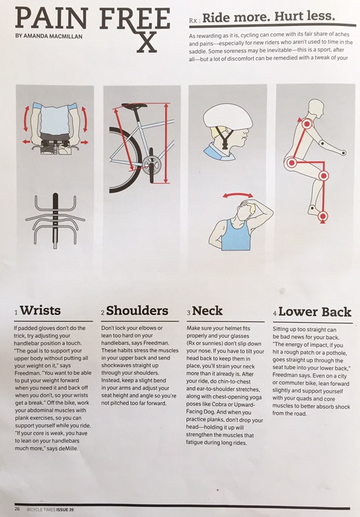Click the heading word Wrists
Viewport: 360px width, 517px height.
40,311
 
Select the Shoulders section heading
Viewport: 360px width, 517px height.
137,311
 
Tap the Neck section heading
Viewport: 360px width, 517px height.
207,311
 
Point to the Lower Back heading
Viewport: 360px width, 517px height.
315,312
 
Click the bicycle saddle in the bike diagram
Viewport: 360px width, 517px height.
134,106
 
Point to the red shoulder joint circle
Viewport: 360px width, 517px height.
307,124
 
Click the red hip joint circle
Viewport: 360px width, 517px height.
291,162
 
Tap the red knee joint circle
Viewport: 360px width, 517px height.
324,176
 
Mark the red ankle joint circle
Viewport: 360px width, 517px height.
323,216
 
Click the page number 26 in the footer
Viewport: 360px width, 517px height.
17,509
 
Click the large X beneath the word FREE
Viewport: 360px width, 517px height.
147,42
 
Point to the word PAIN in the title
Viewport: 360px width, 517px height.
52,19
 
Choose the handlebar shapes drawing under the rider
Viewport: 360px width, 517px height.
55,219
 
